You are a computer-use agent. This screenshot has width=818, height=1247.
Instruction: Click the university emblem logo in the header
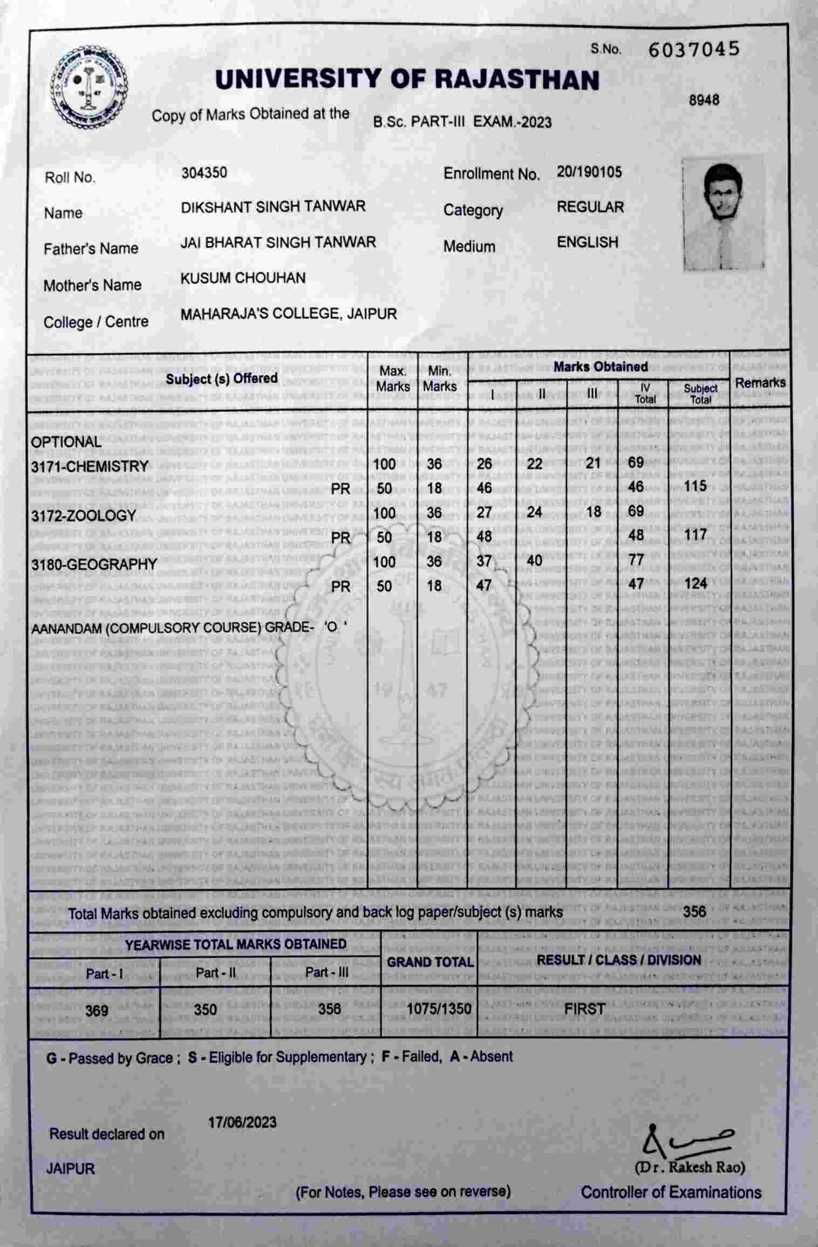click(90, 89)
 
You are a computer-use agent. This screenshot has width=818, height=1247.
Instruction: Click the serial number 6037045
click(693, 50)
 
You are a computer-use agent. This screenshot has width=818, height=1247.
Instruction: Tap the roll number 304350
click(204, 173)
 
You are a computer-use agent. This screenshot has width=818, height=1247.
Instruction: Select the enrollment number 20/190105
click(589, 172)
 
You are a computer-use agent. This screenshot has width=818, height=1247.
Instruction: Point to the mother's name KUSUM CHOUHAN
click(243, 278)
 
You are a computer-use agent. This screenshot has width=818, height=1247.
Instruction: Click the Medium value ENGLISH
click(588, 242)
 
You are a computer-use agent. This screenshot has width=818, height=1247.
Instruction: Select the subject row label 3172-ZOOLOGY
click(84, 516)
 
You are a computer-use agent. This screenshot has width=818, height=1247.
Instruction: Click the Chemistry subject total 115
click(695, 486)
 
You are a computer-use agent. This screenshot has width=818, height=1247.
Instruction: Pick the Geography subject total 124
click(695, 584)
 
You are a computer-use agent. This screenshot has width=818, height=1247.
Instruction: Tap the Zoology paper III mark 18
click(594, 512)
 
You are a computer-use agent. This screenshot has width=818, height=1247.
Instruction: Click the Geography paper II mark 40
click(534, 561)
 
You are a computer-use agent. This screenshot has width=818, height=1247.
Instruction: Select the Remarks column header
click(760, 383)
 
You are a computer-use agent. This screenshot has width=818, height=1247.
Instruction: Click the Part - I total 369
click(97, 1009)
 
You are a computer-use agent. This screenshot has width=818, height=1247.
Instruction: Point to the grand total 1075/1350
click(439, 1008)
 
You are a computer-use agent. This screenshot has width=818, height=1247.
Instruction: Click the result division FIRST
click(584, 1008)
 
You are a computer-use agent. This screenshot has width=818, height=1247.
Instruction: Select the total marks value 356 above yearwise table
click(694, 912)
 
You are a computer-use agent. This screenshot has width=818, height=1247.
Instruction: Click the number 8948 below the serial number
click(704, 100)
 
